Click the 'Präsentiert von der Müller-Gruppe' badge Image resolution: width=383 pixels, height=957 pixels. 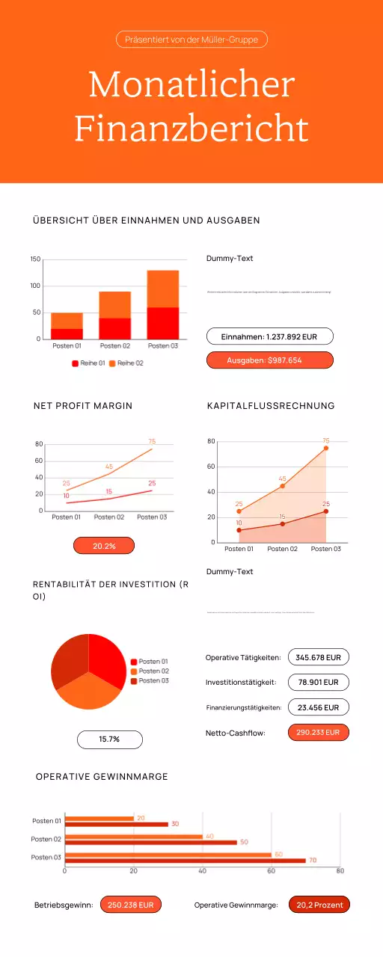click(191, 40)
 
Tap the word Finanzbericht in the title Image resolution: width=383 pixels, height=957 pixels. click(191, 129)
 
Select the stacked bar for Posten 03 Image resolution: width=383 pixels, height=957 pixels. click(162, 304)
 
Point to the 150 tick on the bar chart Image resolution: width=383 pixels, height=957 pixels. click(35, 259)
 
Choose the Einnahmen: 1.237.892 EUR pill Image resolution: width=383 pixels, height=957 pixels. click(269, 336)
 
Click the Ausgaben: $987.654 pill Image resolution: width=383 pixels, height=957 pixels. click(269, 360)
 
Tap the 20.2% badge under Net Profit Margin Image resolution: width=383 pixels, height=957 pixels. click(104, 546)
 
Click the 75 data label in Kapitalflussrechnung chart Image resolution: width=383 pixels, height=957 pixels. click(325, 440)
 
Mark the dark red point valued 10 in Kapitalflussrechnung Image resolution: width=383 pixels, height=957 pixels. click(239, 530)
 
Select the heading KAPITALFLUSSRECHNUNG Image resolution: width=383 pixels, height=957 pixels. click(271, 406)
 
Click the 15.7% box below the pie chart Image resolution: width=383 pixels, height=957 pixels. click(109, 739)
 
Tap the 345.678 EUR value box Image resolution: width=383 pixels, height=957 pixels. click(318, 657)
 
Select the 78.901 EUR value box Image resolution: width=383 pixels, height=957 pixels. click(318, 682)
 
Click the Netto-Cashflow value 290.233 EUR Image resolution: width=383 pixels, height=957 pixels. click(318, 733)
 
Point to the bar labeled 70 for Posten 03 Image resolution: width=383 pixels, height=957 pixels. click(185, 861)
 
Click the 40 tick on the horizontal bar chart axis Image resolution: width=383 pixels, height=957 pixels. click(202, 871)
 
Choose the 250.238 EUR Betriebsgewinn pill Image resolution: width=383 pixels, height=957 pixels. click(130, 905)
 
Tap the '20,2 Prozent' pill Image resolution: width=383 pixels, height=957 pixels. click(319, 905)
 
